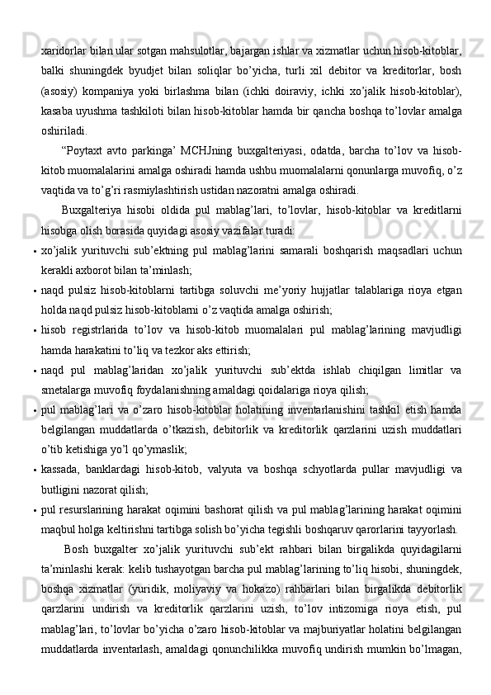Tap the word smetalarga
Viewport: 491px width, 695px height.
pos(68,390)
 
